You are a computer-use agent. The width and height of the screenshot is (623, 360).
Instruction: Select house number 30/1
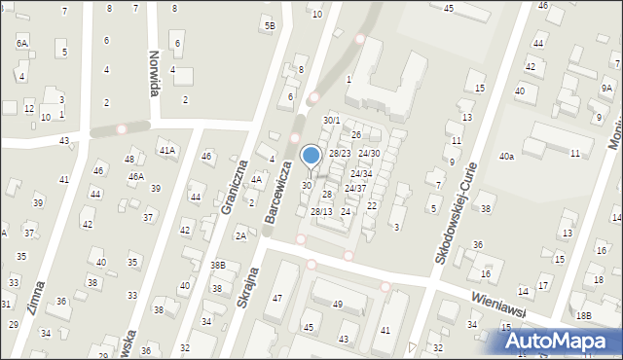[332, 121]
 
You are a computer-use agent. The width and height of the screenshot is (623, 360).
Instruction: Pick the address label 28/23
[339, 154]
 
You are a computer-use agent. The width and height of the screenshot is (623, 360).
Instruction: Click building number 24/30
[368, 154]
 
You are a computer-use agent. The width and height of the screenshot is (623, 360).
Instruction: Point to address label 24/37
[355, 188]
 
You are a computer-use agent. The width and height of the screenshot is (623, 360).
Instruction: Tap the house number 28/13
[321, 211]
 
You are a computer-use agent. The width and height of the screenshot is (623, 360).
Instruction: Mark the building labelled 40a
[506, 157]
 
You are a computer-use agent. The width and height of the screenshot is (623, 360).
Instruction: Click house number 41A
[167, 151]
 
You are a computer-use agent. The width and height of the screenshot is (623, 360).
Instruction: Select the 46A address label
[135, 177]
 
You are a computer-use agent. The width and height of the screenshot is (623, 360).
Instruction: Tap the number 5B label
[270, 25]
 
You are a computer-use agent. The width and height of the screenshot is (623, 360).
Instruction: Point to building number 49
[338, 305]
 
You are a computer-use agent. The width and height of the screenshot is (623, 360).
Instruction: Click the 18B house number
[582, 315]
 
